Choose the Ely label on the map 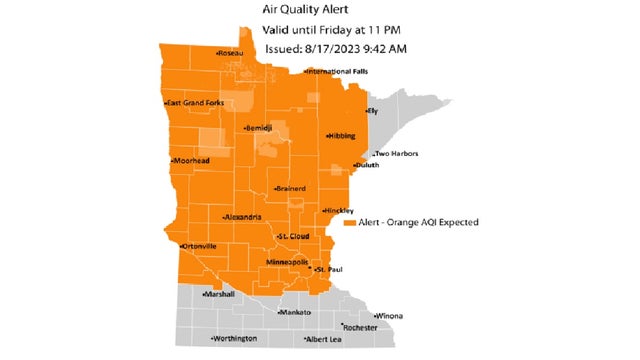[371, 110]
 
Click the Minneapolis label [286, 261]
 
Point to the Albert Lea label [330, 339]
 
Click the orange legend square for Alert [349, 222]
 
